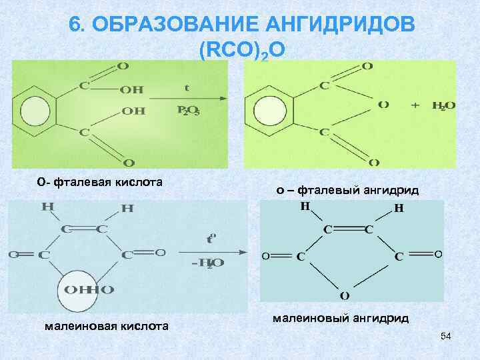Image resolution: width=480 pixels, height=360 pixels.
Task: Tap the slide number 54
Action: coord(446,337)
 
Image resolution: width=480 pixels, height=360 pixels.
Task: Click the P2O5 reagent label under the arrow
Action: coord(187,111)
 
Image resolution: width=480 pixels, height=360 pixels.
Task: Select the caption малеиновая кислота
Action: coord(106,325)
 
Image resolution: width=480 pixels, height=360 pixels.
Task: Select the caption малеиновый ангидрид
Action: coord(341,318)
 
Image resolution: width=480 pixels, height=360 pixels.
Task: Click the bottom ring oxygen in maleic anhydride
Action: coord(345,295)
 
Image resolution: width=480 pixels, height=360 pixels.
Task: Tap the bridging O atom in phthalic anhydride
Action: coord(383,105)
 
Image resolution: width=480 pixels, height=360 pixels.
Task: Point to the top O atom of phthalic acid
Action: coord(123,66)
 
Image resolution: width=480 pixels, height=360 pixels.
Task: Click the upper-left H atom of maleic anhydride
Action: coord(305,206)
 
